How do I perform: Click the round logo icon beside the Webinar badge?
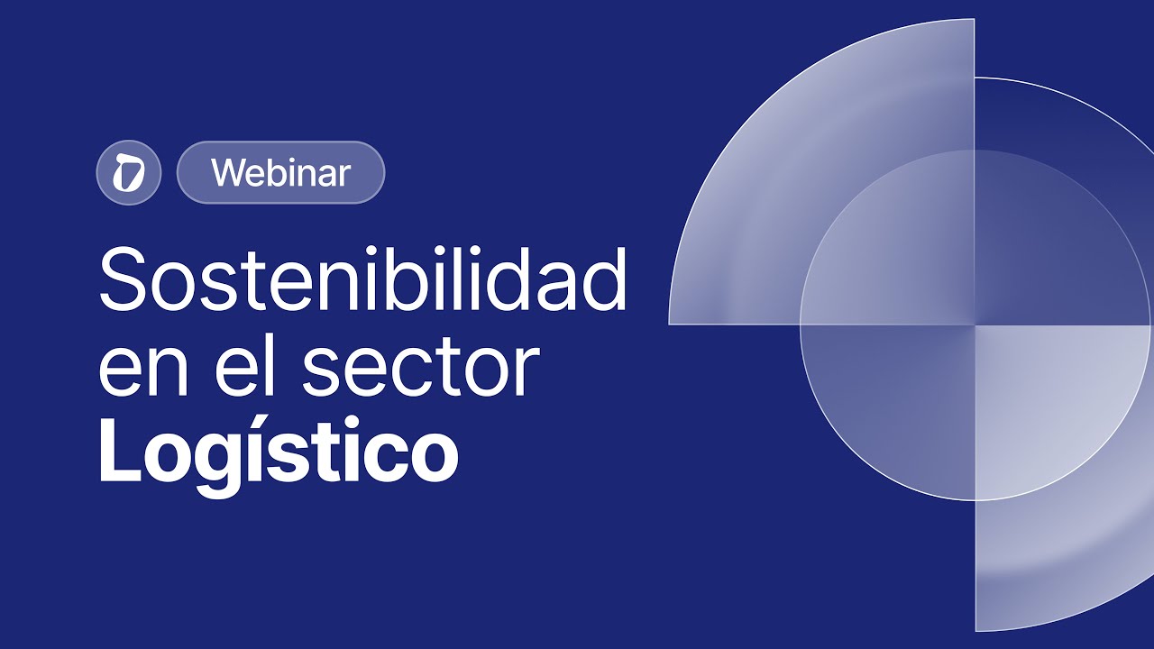128,172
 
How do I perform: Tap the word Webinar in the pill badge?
280,172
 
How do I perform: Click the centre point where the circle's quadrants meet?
975,324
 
